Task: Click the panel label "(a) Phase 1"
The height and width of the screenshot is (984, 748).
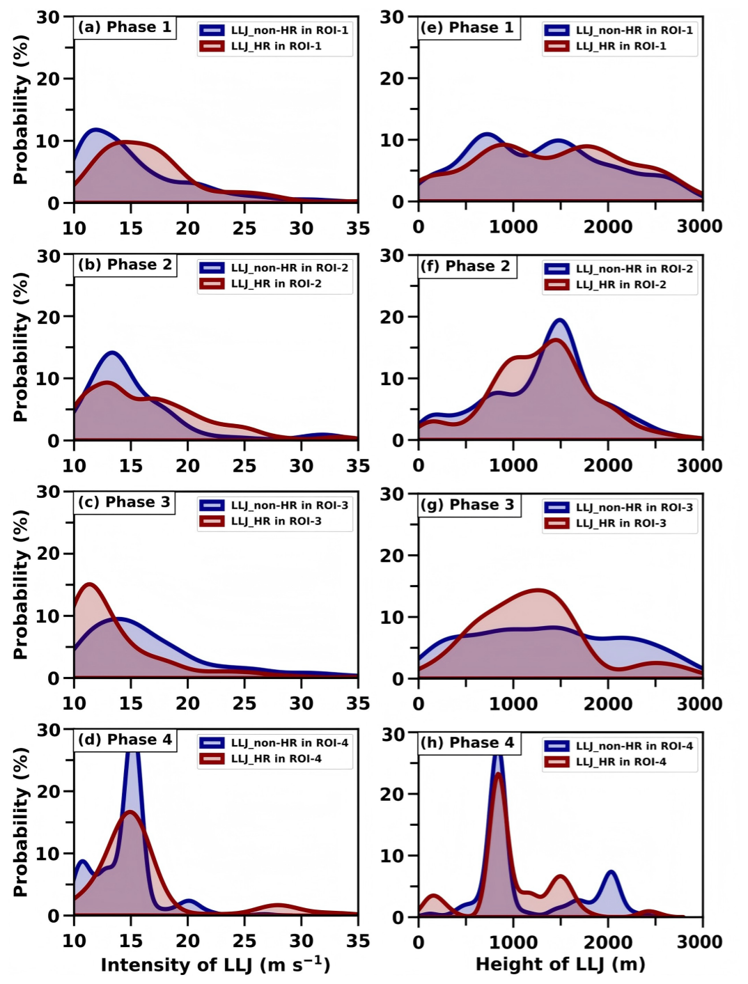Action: [x=124, y=28]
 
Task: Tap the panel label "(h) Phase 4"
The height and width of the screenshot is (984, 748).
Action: [x=467, y=743]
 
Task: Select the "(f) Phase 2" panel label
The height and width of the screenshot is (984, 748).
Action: [x=465, y=267]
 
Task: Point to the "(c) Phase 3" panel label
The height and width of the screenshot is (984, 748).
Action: [x=123, y=503]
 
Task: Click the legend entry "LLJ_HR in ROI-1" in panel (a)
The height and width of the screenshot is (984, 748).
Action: [x=276, y=47]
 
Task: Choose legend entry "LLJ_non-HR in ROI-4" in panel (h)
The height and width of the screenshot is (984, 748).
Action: [x=634, y=746]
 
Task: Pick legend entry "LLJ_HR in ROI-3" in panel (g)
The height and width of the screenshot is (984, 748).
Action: [x=621, y=523]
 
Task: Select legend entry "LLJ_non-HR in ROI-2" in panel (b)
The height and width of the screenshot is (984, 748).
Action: [x=289, y=268]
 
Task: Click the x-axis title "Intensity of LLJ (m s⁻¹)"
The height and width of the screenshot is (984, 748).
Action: [x=215, y=965]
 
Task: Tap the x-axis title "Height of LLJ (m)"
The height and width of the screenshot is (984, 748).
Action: [x=560, y=965]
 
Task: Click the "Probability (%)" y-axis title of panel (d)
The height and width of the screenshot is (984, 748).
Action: [x=20, y=822]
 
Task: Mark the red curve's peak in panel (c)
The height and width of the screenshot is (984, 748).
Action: [x=89, y=584]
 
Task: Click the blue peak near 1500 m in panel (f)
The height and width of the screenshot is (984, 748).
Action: [x=559, y=320]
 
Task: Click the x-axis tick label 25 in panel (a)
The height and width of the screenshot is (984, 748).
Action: [x=244, y=228]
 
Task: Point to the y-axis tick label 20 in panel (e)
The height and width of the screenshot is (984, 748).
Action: [x=392, y=79]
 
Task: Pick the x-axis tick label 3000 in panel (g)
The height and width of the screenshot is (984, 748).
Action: [x=700, y=704]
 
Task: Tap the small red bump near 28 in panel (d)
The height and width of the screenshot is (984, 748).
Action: [x=278, y=905]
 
